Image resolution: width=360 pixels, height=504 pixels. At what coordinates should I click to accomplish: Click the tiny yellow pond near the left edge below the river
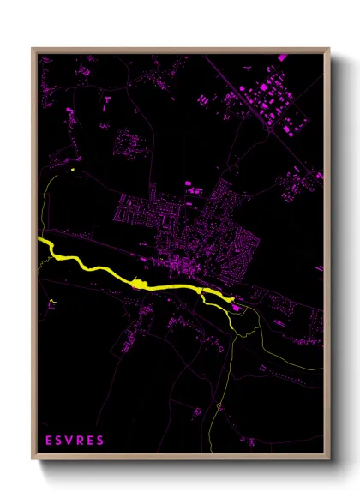pos(52,301)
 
